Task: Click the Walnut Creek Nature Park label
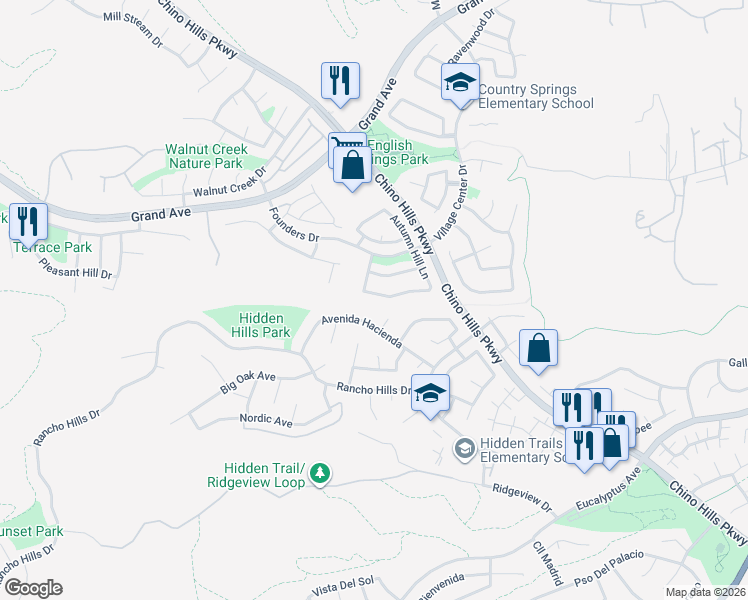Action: pos(204,156)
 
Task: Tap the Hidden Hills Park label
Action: pos(260,325)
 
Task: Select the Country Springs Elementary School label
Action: pos(535,96)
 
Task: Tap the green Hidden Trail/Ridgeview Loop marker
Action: pos(319,472)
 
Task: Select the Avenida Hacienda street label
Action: pos(361,332)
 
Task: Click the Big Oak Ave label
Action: pos(247,381)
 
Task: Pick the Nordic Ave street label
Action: pos(265,421)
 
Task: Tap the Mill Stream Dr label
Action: pos(132,30)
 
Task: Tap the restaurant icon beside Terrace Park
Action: pos(28,220)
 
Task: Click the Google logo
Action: pos(32,588)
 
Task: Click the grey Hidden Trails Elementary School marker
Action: pos(464,449)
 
